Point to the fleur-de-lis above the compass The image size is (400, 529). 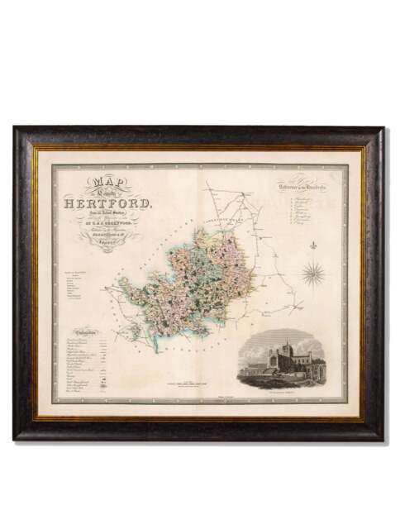(314, 247)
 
